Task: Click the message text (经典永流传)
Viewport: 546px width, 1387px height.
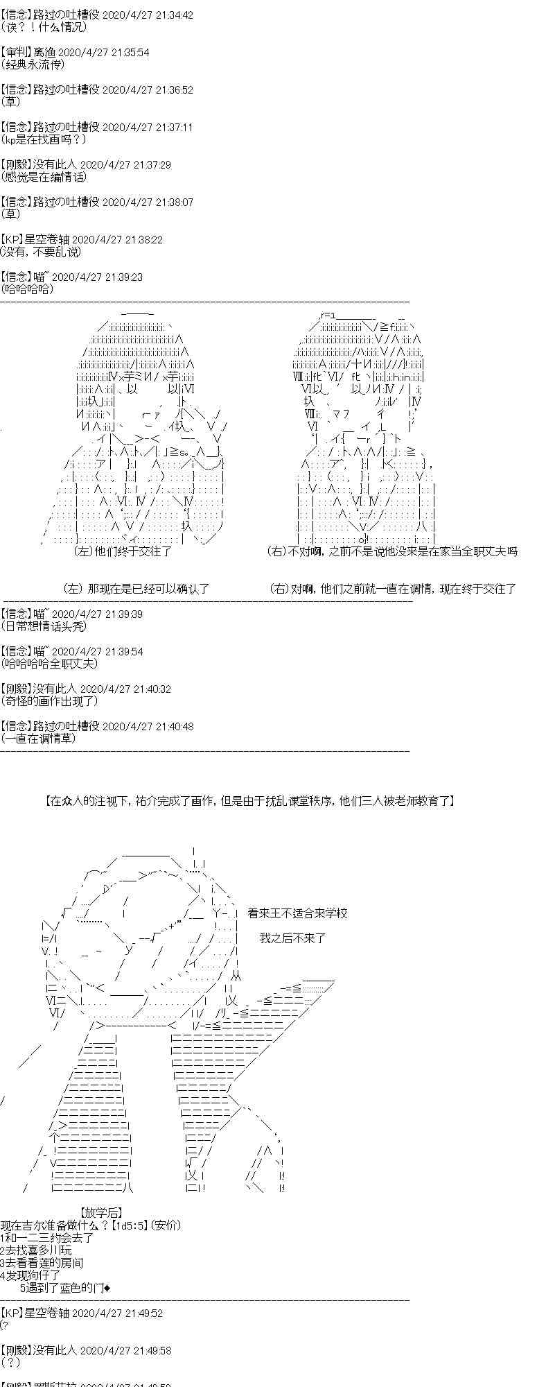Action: tap(33, 64)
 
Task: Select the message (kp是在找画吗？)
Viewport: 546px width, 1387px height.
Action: tap(44, 139)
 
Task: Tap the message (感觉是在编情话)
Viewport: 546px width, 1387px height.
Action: tap(44, 177)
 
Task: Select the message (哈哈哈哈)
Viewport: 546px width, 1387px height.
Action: tap(27, 289)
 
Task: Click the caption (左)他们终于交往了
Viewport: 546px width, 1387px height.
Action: tap(123, 551)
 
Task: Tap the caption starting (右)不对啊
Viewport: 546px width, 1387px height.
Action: tap(392, 551)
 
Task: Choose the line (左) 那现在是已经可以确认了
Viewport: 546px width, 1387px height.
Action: tap(136, 589)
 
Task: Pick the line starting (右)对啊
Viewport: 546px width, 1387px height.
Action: tap(392, 589)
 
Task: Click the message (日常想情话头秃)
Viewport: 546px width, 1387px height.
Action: tap(44, 626)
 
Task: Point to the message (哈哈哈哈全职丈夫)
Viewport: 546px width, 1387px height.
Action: tap(49, 664)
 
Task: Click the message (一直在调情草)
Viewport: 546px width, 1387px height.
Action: tap(39, 739)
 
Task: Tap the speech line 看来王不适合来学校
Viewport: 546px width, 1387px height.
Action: tap(297, 913)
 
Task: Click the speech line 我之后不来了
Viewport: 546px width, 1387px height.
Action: tap(292, 938)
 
